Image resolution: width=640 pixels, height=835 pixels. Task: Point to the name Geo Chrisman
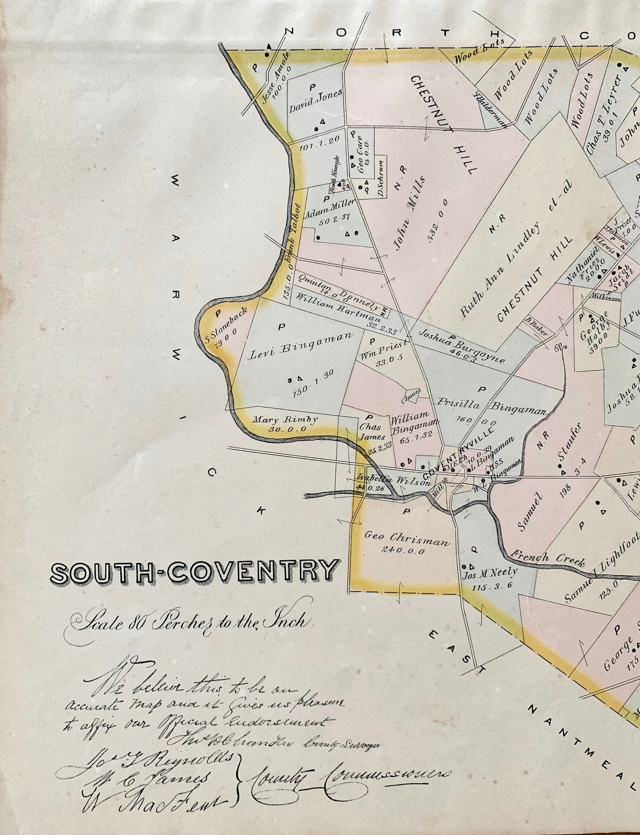tap(406, 539)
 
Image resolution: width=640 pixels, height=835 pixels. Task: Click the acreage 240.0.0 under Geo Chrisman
tap(403, 550)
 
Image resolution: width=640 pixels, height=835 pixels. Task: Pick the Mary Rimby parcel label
tap(285, 420)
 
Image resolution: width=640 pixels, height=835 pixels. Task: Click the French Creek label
tap(547, 559)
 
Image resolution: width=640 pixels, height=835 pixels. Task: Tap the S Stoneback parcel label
tap(223, 330)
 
